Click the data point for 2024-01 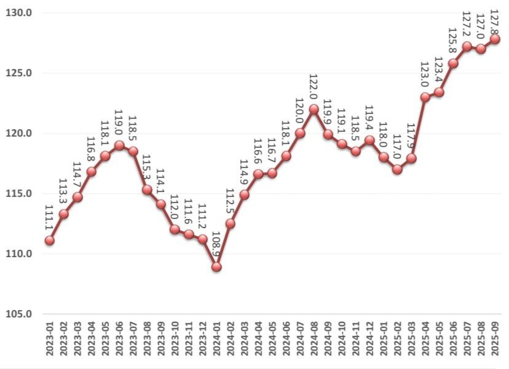(x=216, y=268)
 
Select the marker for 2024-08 (x=314, y=109)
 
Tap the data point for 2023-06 (x=119, y=146)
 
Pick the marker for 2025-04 (x=425, y=97)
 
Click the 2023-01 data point (x=49, y=240)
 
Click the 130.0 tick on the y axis (x=21, y=13)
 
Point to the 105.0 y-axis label (x=21, y=314)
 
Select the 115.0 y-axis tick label (x=21, y=194)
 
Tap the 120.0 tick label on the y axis (x=21, y=133)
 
